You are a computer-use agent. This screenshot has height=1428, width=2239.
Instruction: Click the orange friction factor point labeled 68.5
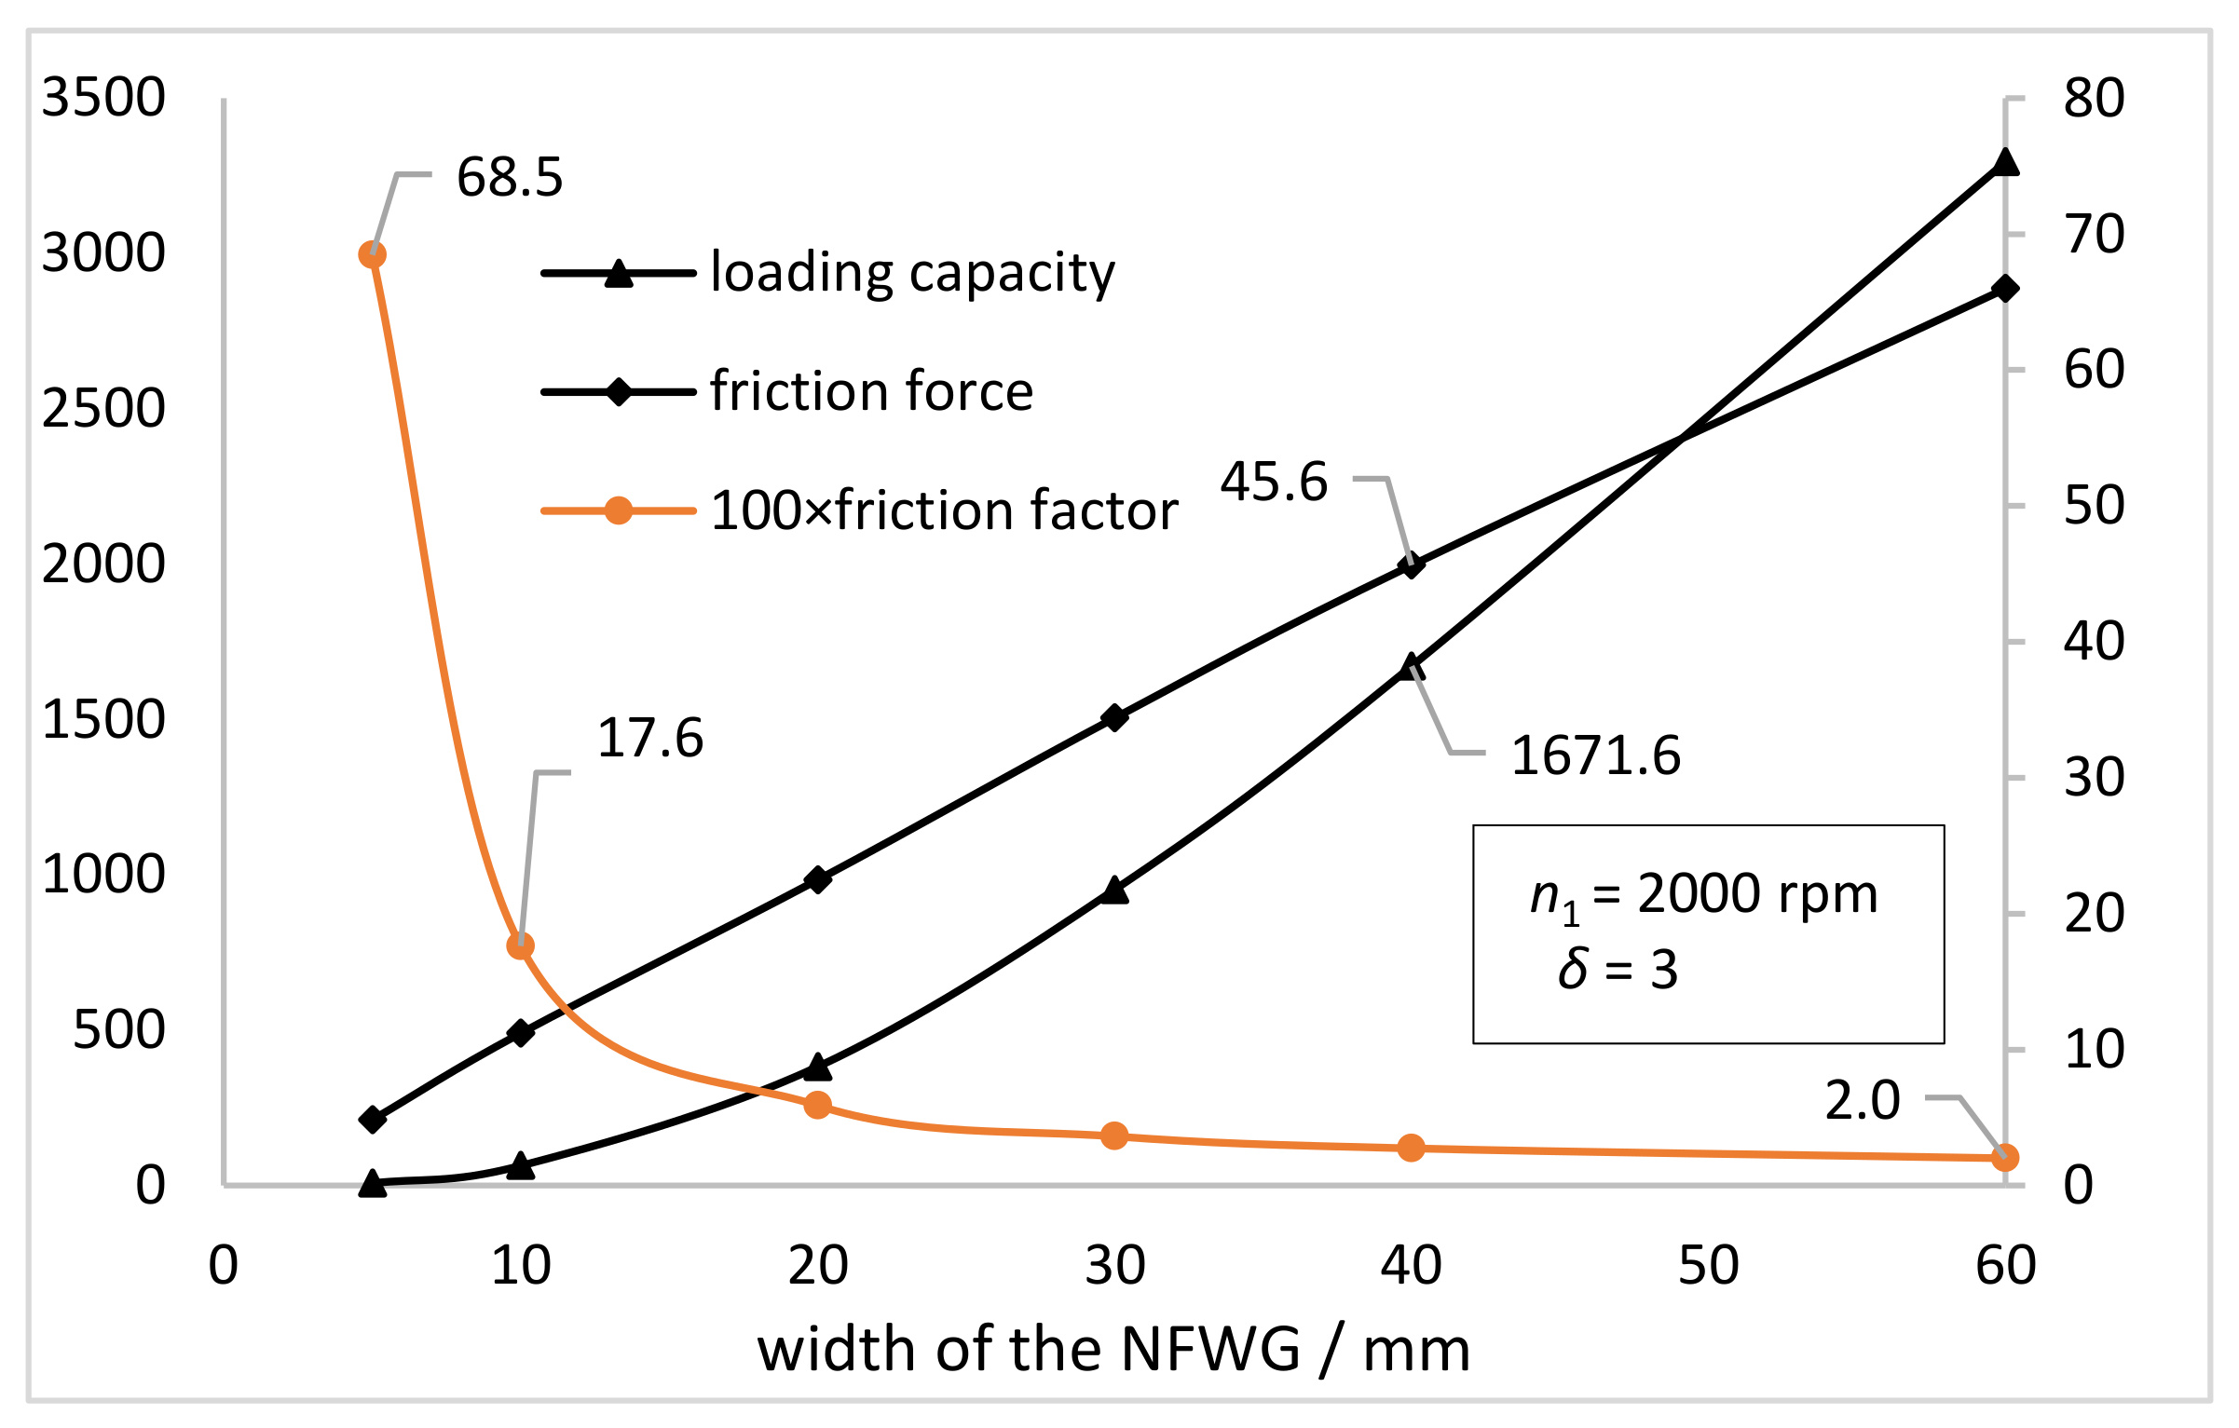[372, 254]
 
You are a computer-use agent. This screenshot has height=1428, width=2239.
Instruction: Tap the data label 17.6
[649, 738]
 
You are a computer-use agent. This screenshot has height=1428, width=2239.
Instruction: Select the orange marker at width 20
[817, 1105]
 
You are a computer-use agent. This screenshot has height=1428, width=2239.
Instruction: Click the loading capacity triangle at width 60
[2005, 163]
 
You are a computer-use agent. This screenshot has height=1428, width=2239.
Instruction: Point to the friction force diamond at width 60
[2005, 289]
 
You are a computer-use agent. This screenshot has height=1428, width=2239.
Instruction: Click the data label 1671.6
[1595, 755]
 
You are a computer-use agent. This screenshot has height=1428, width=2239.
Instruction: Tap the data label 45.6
[1274, 482]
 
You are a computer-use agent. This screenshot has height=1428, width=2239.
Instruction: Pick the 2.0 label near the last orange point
[1862, 1100]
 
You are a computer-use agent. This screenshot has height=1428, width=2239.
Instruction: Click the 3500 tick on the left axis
[103, 97]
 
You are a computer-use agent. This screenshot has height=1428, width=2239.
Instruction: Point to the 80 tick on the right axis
[2094, 98]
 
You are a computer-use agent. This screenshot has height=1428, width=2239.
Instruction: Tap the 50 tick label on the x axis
[1709, 1265]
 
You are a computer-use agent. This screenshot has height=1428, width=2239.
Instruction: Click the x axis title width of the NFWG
[1113, 1350]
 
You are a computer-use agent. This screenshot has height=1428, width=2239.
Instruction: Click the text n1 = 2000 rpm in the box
[1703, 895]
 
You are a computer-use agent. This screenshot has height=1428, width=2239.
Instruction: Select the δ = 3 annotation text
[1618, 970]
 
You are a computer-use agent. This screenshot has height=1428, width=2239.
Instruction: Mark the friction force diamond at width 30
[1114, 717]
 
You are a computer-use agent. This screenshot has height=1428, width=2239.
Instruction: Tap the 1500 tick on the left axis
[103, 719]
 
